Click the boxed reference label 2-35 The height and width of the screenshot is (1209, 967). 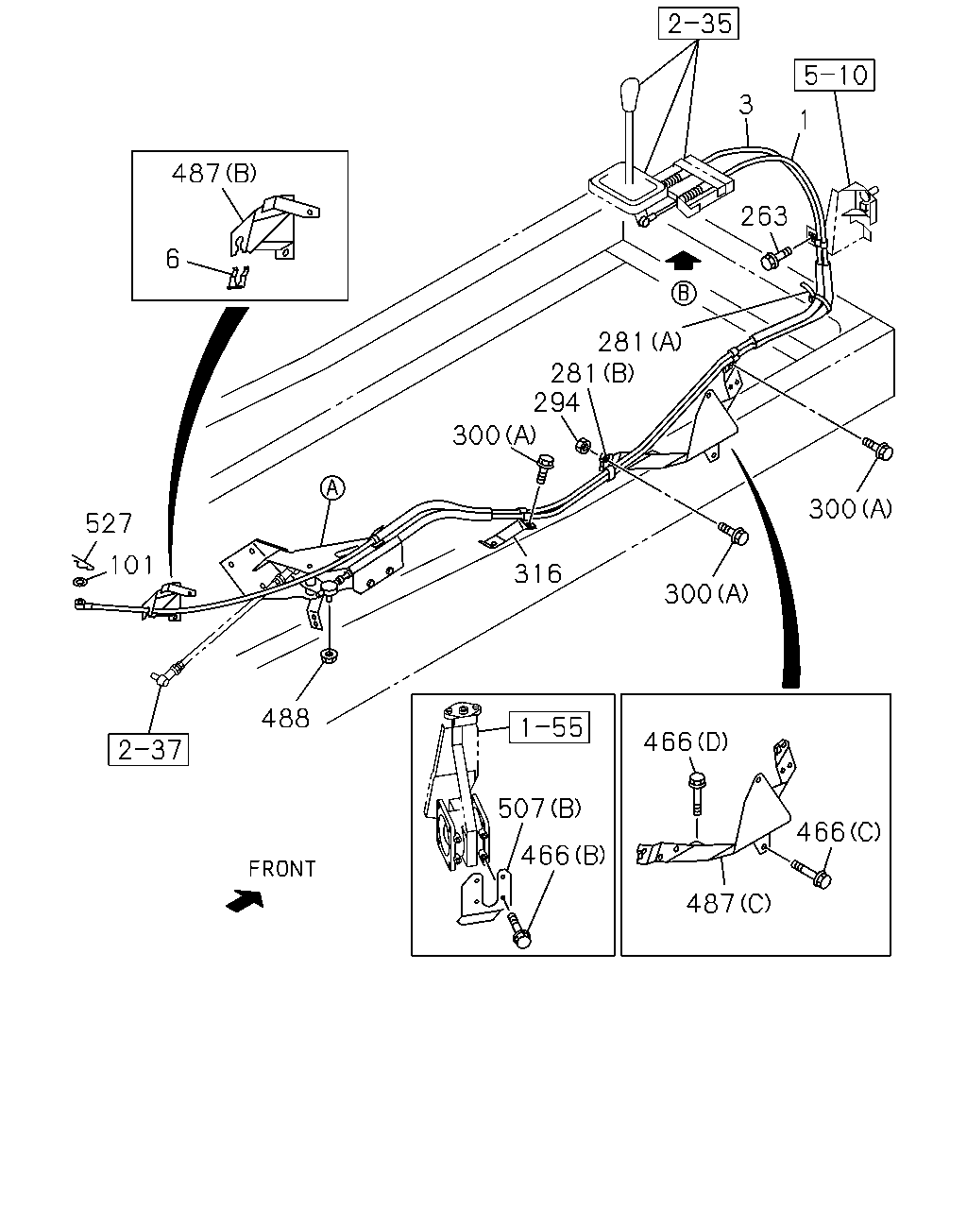698,24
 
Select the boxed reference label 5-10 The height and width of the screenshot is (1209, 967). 835,75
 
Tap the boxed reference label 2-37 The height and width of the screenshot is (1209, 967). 148,749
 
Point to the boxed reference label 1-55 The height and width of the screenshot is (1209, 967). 550,727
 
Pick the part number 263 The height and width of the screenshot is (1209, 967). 764,216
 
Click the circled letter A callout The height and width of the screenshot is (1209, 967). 332,487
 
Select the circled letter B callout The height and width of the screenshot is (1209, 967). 684,293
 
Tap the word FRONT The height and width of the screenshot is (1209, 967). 282,869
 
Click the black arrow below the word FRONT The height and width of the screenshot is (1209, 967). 245,900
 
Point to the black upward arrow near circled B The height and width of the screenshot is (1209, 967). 682,262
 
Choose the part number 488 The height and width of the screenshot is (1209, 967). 285,718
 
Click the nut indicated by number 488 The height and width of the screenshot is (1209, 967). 327,656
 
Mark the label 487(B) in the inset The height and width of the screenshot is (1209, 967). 214,173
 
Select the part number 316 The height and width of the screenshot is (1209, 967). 537,573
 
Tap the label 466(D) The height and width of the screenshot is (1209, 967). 686,742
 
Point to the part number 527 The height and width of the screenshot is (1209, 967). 109,523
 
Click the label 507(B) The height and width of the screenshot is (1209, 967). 539,809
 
